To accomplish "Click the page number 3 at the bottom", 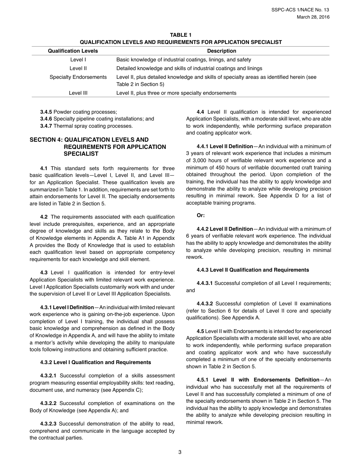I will pyautogui.click(x=180, y=452).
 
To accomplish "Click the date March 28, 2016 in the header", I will pyautogui.click(x=313, y=17).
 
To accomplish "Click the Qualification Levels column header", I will pyautogui.click(x=73, y=51).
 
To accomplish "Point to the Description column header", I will pyautogui.click(x=221, y=51).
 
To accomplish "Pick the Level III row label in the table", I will pyautogui.click(x=78, y=93).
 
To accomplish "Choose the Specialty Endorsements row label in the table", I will pyautogui.click(x=78, y=77).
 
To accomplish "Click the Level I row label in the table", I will pyautogui.click(x=78, y=59).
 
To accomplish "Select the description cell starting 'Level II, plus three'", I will pyautogui.click(x=176, y=93).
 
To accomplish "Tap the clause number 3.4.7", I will pyautogui.click(x=46, y=126).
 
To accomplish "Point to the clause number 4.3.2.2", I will pyautogui.click(x=48, y=403).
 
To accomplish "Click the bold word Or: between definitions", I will pyautogui.click(x=200, y=215).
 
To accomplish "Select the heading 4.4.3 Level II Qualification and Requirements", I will pyautogui.click(x=253, y=270).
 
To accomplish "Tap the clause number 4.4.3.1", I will pyautogui.click(x=205, y=283).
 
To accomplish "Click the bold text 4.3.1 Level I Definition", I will pyautogui.click(x=67, y=307).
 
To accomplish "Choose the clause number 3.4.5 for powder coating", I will pyautogui.click(x=46, y=112).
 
